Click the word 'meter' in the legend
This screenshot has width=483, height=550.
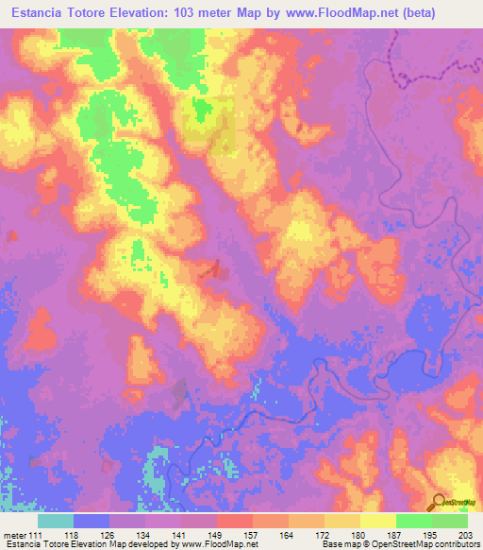(x=16, y=534)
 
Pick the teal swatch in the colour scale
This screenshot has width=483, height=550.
(x=56, y=521)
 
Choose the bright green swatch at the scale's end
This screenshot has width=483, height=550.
(x=450, y=521)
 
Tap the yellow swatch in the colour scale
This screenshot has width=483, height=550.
(x=377, y=521)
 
